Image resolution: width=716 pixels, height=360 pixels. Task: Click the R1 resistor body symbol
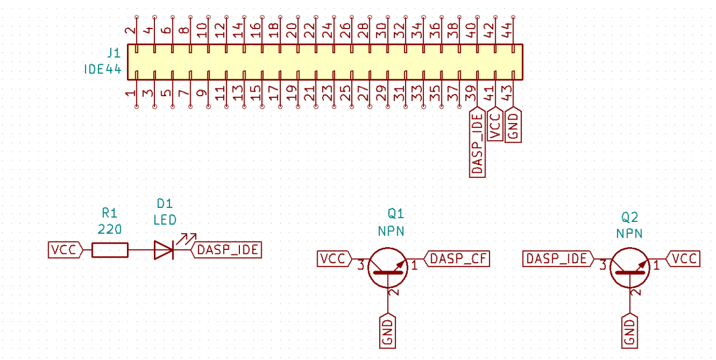(110, 250)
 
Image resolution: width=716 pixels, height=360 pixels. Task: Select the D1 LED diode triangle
(163, 250)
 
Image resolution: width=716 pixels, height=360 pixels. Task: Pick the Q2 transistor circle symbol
(630, 268)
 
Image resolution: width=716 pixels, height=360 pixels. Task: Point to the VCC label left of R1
(65, 250)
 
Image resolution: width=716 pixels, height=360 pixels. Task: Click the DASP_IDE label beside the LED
(227, 250)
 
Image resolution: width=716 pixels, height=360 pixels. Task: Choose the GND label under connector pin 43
(513, 126)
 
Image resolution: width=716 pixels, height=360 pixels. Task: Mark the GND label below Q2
(630, 331)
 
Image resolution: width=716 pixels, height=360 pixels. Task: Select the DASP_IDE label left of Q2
(558, 259)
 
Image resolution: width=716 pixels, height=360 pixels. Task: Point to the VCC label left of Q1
(335, 259)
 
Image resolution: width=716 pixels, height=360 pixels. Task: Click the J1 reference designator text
(114, 54)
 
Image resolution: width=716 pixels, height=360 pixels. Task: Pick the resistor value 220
(110, 229)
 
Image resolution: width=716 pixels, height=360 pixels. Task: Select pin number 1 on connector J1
(131, 96)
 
